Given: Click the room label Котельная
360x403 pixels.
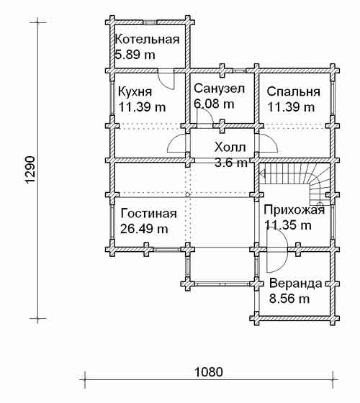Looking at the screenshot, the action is pyautogui.click(x=147, y=40).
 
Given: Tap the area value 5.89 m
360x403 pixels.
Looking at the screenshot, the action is pyautogui.click(x=135, y=55).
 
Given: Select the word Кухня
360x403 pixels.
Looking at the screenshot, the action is pyautogui.click(x=135, y=92).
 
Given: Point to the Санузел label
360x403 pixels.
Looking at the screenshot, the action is pyautogui.click(x=219, y=89).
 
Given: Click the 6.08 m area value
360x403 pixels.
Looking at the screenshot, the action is pyautogui.click(x=214, y=104).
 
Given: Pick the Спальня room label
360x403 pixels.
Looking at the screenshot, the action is pyautogui.click(x=294, y=92).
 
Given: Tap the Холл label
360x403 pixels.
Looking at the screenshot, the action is pyautogui.click(x=230, y=148).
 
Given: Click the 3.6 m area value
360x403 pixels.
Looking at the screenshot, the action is pyautogui.click(x=231, y=162).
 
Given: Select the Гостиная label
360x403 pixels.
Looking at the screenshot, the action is pyautogui.click(x=148, y=214).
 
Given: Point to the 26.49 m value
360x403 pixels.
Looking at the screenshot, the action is pyautogui.click(x=144, y=229).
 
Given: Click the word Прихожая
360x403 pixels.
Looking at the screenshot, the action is pyautogui.click(x=294, y=210).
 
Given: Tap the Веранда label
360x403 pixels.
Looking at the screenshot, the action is pyautogui.click(x=296, y=284).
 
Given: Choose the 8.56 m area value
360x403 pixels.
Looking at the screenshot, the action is pyautogui.click(x=289, y=299).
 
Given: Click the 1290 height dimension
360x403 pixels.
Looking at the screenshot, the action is pyautogui.click(x=30, y=170).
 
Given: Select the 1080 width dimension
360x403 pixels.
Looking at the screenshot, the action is pyautogui.click(x=208, y=372).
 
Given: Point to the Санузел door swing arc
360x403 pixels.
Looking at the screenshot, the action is pyautogui.click(x=208, y=113).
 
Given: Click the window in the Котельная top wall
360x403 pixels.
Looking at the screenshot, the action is pyautogui.click(x=150, y=22).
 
